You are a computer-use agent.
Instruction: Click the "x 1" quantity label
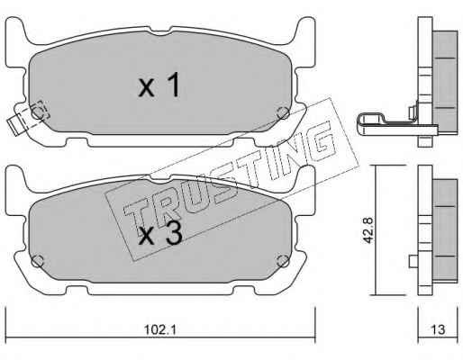pos(159,85)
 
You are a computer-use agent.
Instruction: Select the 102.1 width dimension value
pos(160,330)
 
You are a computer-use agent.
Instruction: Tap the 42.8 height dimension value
pos(368,230)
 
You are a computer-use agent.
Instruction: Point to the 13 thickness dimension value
pos(438,329)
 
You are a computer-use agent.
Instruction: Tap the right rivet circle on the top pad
pos(283,112)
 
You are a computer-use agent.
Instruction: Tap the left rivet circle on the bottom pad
pos(38,261)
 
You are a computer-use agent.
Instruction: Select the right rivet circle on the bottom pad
pos(283,261)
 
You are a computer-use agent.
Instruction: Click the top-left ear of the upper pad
pos(15,29)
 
